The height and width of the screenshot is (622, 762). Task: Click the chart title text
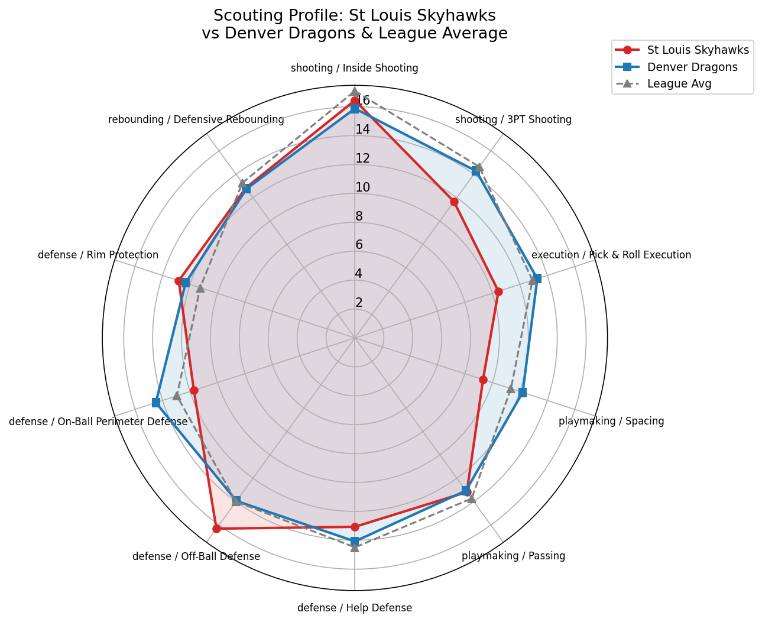point(355,24)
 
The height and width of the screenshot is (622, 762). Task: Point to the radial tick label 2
point(359,303)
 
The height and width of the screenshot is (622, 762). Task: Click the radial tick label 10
point(362,187)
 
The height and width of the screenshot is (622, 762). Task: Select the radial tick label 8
point(359,216)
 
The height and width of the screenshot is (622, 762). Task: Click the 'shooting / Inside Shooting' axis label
point(355,68)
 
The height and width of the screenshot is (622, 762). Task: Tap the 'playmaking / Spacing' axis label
point(611,422)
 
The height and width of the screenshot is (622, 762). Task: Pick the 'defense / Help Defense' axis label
point(355,608)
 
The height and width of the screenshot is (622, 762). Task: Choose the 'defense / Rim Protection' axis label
point(98,255)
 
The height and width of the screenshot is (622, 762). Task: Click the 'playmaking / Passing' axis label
point(513,556)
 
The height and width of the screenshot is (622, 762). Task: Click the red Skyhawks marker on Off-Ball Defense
point(216,529)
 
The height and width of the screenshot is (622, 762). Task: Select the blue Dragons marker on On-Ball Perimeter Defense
point(156,403)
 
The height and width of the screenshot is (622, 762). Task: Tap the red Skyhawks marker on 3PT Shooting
point(454,202)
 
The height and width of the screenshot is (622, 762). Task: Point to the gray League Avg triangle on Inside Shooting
point(355,91)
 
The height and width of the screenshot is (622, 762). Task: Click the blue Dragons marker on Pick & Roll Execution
point(537,278)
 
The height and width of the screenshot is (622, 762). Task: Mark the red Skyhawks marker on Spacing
point(482,380)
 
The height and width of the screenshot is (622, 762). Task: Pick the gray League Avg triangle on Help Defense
point(355,548)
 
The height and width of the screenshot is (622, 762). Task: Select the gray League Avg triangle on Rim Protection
point(200,289)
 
